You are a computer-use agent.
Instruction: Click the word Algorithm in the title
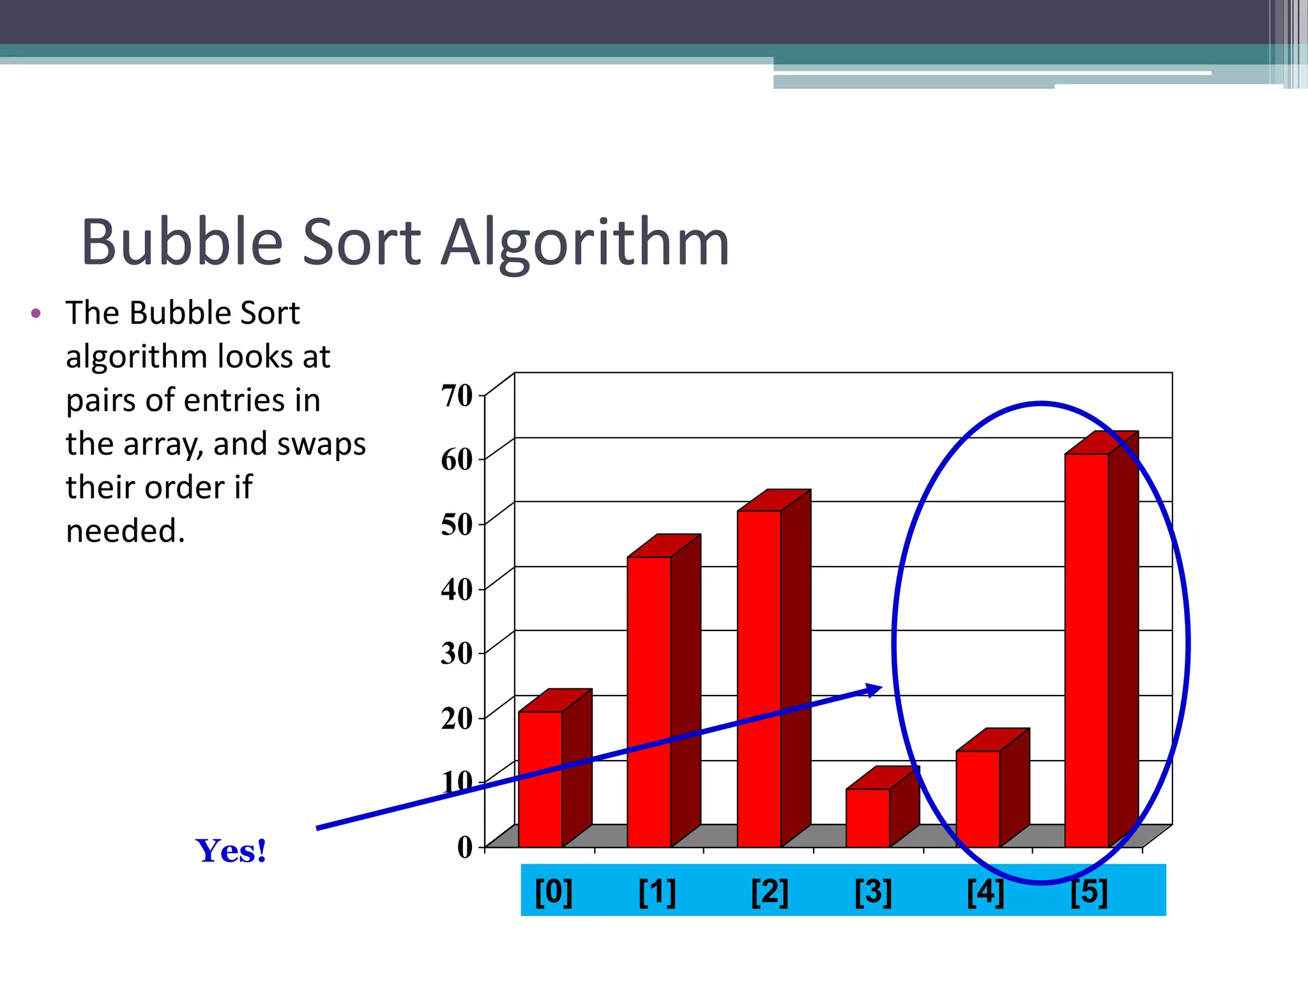(585, 243)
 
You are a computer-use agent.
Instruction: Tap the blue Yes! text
(231, 851)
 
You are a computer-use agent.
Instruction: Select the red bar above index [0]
(540, 779)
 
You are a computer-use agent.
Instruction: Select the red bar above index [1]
(649, 703)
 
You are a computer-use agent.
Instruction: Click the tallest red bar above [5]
(1086, 651)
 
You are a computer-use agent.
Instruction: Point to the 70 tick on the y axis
(457, 395)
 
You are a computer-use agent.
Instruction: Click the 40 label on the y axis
(457, 589)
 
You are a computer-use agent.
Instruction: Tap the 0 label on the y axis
(465, 847)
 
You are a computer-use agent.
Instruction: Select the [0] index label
(553, 892)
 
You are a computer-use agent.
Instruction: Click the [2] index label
(769, 892)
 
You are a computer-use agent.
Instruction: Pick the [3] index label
(873, 892)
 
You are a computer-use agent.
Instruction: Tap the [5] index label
(1089, 892)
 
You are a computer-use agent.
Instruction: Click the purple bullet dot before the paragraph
(36, 313)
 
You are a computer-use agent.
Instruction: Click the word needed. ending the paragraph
(125, 531)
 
